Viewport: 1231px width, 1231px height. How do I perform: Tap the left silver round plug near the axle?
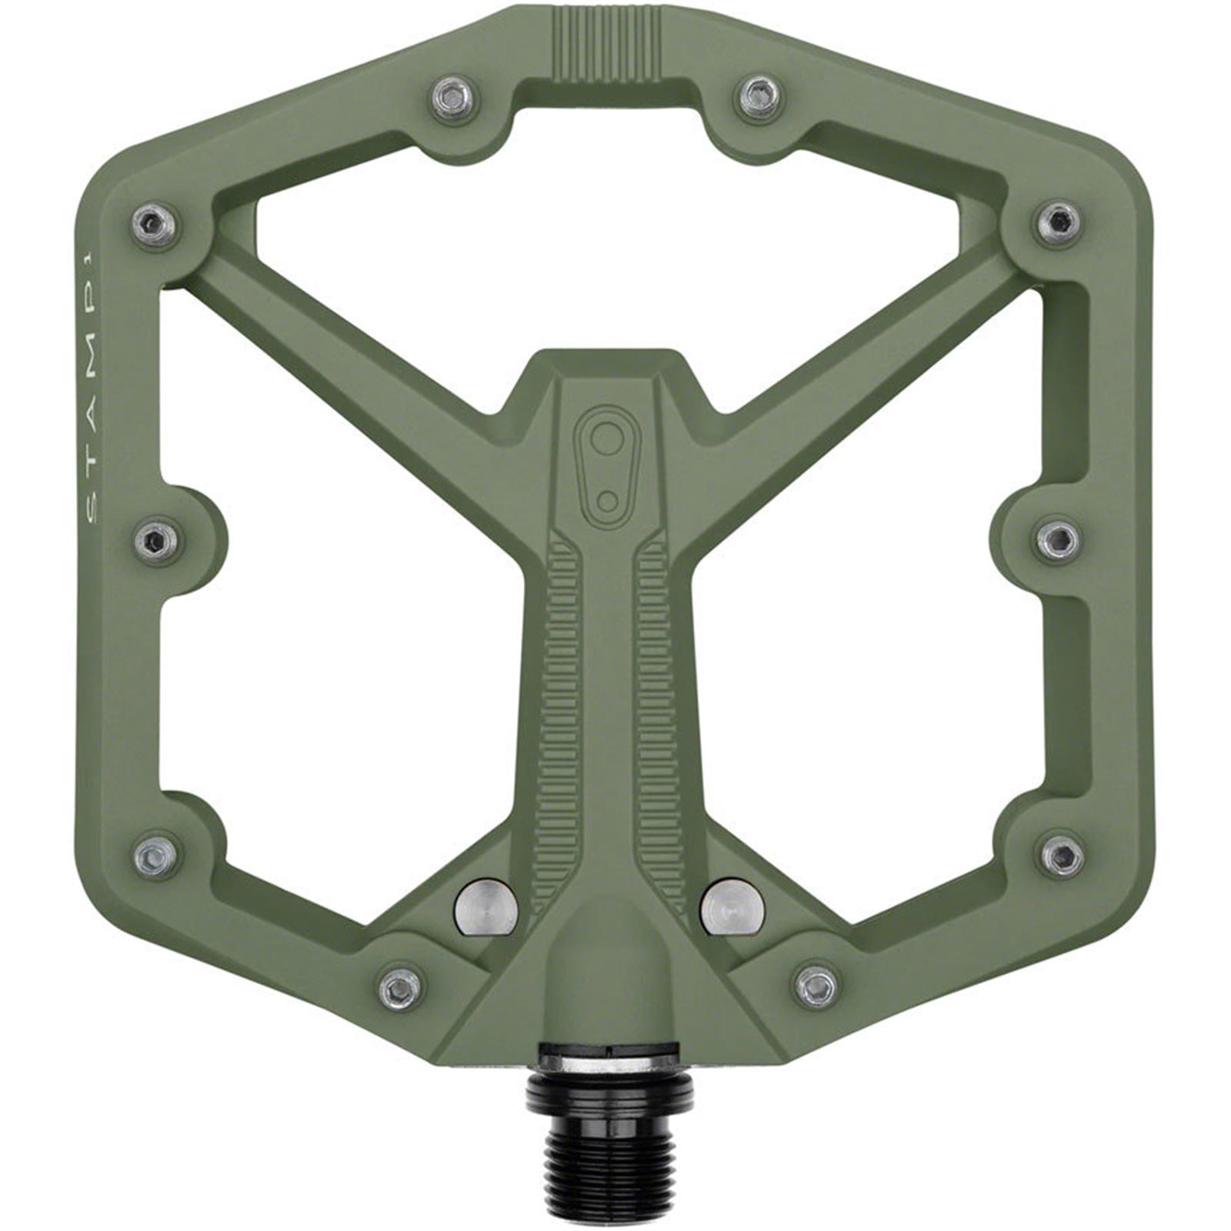(x=485, y=909)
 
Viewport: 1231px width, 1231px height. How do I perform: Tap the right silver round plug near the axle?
(x=732, y=909)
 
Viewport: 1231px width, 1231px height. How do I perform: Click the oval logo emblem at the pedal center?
(x=608, y=467)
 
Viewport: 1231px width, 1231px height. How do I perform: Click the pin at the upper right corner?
(x=1059, y=224)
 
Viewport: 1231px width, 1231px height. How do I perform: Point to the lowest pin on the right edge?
(x=1063, y=854)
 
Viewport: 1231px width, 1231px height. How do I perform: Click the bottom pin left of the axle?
(x=402, y=987)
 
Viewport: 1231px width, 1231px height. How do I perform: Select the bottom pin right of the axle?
(x=816, y=987)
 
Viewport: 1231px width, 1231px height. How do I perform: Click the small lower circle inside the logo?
(x=607, y=502)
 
